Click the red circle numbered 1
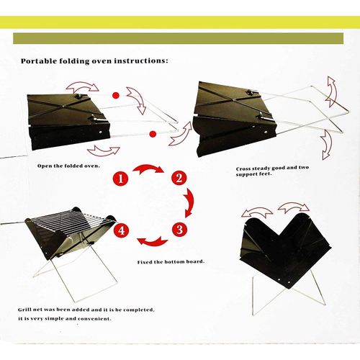[120, 179]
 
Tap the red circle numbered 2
[179, 179]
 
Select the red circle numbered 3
[180, 230]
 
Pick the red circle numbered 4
[122, 230]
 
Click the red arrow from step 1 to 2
[148, 167]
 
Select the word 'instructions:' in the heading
[141, 60]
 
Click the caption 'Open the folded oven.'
[68, 166]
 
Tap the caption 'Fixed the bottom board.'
[171, 262]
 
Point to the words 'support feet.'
[254, 174]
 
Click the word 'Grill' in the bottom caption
[25, 310]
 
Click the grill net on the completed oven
[71, 222]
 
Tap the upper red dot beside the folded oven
[116, 95]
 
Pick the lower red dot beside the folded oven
[153, 134]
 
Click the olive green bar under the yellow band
[178, 38]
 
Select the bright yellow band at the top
[180, 22]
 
